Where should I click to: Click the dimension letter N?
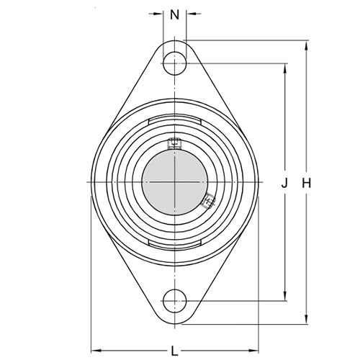174,15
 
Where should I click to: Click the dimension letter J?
284,184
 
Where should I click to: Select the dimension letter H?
306,184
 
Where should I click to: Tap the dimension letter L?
174,351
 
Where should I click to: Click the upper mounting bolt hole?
175,63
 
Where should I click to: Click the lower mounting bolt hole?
175,301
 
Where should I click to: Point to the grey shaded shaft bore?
175,182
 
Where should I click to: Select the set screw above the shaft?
175,143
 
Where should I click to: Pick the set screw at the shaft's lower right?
208,201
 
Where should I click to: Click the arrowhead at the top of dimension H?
306,45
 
